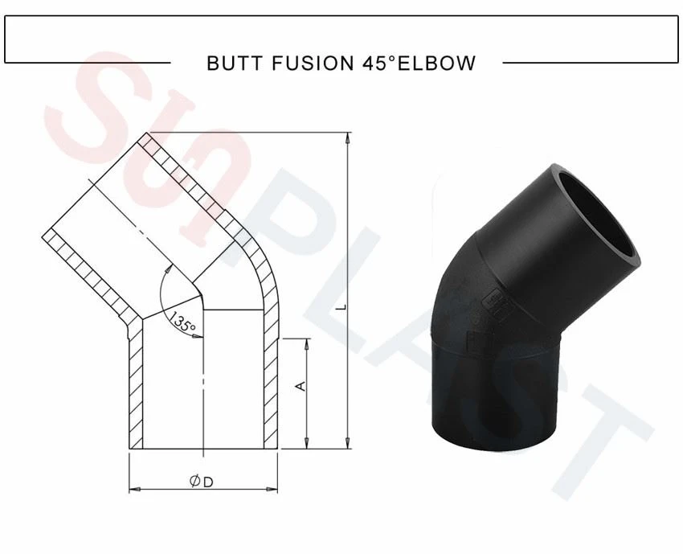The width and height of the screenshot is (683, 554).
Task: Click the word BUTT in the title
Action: click(x=235, y=63)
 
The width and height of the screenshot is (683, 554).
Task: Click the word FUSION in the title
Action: click(x=313, y=63)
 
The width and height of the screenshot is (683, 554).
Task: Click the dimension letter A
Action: click(x=301, y=386)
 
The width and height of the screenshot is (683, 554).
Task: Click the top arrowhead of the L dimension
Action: click(x=347, y=137)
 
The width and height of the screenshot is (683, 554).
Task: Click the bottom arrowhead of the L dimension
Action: click(x=347, y=443)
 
